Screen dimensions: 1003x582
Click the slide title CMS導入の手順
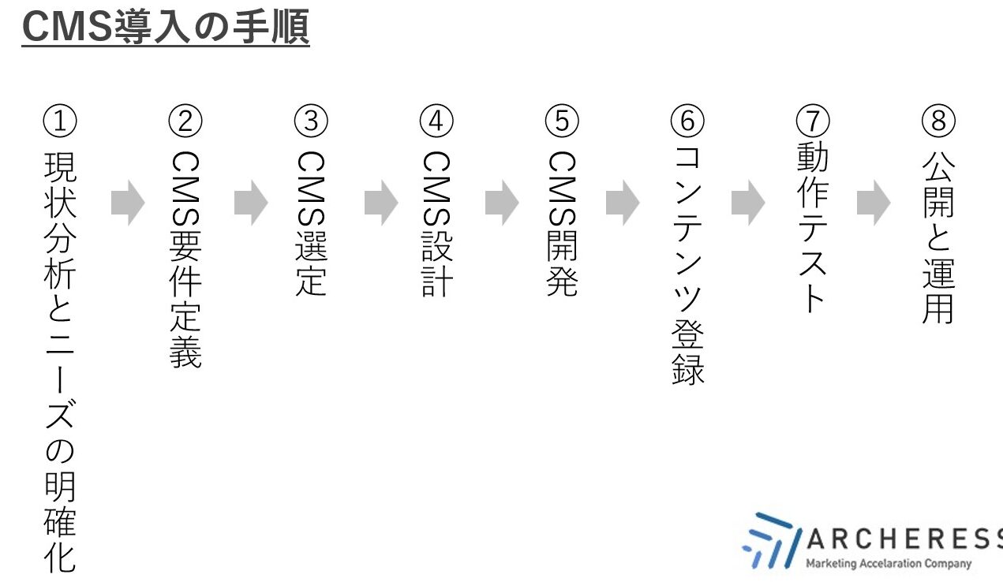pyautogui.click(x=166, y=27)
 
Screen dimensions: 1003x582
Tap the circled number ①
pyautogui.click(x=60, y=121)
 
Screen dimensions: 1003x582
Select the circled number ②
pyautogui.click(x=185, y=121)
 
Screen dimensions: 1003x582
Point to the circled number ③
pyautogui.click(x=311, y=121)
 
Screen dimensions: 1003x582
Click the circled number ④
pyautogui.click(x=436, y=121)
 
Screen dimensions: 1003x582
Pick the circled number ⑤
pyautogui.click(x=562, y=121)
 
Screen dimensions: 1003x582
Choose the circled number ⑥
pyautogui.click(x=687, y=121)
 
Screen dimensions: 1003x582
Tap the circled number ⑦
pyautogui.click(x=813, y=121)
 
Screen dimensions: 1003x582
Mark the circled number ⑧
pyautogui.click(x=938, y=121)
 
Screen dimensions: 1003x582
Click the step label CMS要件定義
pyautogui.click(x=185, y=259)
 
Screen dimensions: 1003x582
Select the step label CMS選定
pyautogui.click(x=311, y=224)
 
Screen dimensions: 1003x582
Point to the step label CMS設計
pyautogui.click(x=436, y=224)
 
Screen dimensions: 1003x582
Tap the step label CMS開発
pyautogui.click(x=562, y=224)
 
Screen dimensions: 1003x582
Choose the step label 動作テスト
pyautogui.click(x=813, y=227)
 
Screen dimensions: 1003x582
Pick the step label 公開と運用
pyautogui.click(x=938, y=237)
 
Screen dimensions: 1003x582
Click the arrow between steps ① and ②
pyautogui.click(x=128, y=203)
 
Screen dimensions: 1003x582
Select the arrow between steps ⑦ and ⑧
pyautogui.click(x=874, y=203)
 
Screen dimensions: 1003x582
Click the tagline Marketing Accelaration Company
pyautogui.click(x=889, y=563)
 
